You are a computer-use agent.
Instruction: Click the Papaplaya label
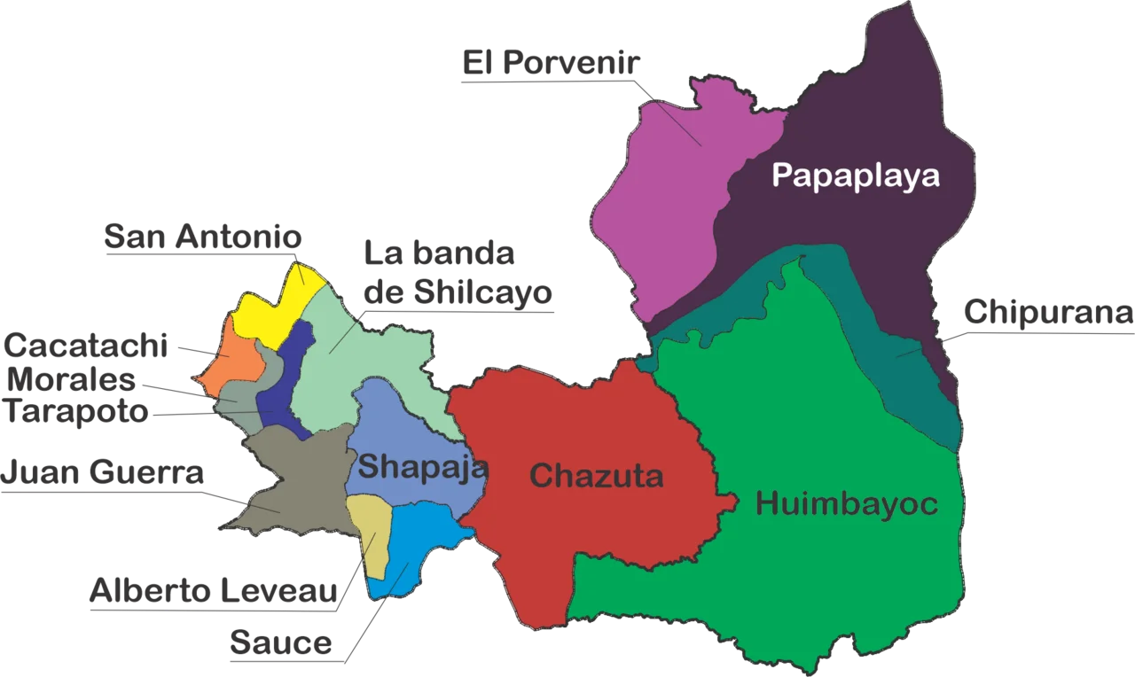(x=855, y=175)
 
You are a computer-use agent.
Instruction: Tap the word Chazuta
(x=596, y=476)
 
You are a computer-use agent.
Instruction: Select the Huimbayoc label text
(x=846, y=504)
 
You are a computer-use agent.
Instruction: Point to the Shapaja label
(x=422, y=466)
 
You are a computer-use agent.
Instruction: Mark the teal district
(x=904, y=354)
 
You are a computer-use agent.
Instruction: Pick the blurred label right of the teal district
(x=1046, y=319)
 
